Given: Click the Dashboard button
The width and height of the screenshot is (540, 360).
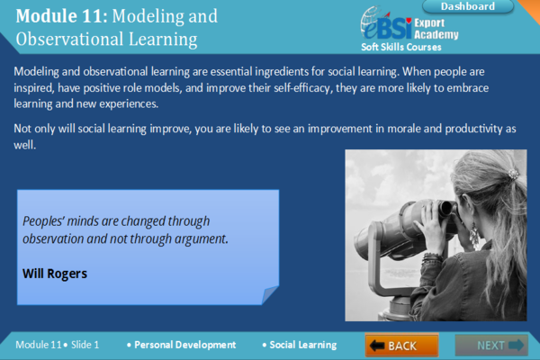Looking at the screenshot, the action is coord(468,6).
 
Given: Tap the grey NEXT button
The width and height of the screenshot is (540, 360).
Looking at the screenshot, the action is coord(491,345).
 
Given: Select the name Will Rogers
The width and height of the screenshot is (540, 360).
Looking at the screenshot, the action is coord(55,274).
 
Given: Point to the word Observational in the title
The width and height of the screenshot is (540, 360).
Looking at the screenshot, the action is coord(69,39).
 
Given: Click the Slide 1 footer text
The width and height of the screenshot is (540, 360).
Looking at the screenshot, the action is coord(85,345).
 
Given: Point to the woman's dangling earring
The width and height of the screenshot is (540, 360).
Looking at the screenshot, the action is coord(474,235).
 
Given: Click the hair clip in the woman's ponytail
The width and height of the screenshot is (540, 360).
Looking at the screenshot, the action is coord(513,175).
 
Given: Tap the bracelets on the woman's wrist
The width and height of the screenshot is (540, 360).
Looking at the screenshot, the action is coord(433,258).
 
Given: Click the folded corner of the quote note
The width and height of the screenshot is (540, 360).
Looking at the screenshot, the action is coord(270,295).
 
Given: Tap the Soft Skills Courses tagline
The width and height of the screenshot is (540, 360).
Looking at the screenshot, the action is coord(401,47).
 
